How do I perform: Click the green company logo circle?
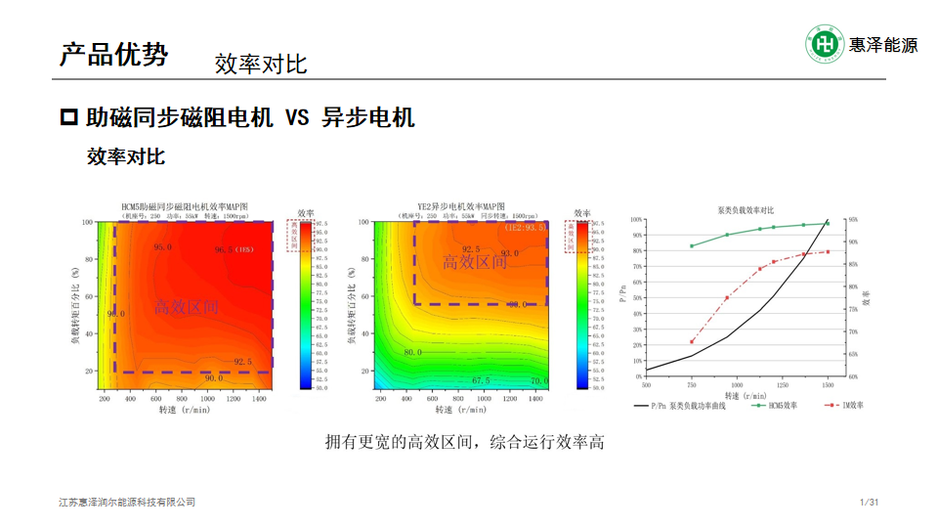coord(824,44)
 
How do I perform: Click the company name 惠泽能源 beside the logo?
coord(882,45)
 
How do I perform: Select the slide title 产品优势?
coord(113,54)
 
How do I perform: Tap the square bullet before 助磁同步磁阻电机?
coord(69,118)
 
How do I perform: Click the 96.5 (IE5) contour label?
coord(234,249)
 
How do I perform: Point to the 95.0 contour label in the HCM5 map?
coord(162,247)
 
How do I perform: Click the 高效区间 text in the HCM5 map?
coord(187,307)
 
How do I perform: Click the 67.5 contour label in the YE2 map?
coord(481,380)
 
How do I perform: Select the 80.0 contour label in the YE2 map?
coord(413,352)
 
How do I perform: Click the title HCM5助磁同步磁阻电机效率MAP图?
coord(186,206)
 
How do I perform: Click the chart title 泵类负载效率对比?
coord(746,210)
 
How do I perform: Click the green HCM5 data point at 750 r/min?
coord(692,246)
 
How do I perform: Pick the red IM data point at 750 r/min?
coord(692,341)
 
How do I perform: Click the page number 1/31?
coord(869,503)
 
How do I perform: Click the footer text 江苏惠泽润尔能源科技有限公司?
coord(127,503)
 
